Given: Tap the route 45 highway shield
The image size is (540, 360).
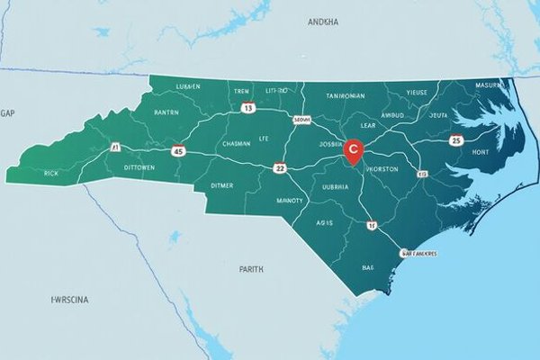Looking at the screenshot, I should click(177, 151).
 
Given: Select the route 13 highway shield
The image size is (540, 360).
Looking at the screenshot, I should click(249, 108).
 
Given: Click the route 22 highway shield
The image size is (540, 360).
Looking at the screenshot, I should click(280, 167).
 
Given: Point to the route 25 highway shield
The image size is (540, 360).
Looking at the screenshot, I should click(456, 140).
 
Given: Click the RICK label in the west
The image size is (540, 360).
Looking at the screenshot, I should click(50, 171).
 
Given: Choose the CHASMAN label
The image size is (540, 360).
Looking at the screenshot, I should click(235, 143).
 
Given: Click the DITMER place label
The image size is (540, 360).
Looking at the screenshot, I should click(220, 185).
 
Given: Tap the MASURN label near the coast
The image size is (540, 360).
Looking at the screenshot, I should click(490, 85).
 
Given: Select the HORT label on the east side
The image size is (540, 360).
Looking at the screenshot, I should click(478, 153).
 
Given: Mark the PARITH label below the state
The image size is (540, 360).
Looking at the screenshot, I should click(252, 268).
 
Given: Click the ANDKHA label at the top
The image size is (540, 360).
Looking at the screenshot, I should click(323, 21).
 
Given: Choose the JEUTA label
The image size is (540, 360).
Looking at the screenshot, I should click(438, 116).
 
